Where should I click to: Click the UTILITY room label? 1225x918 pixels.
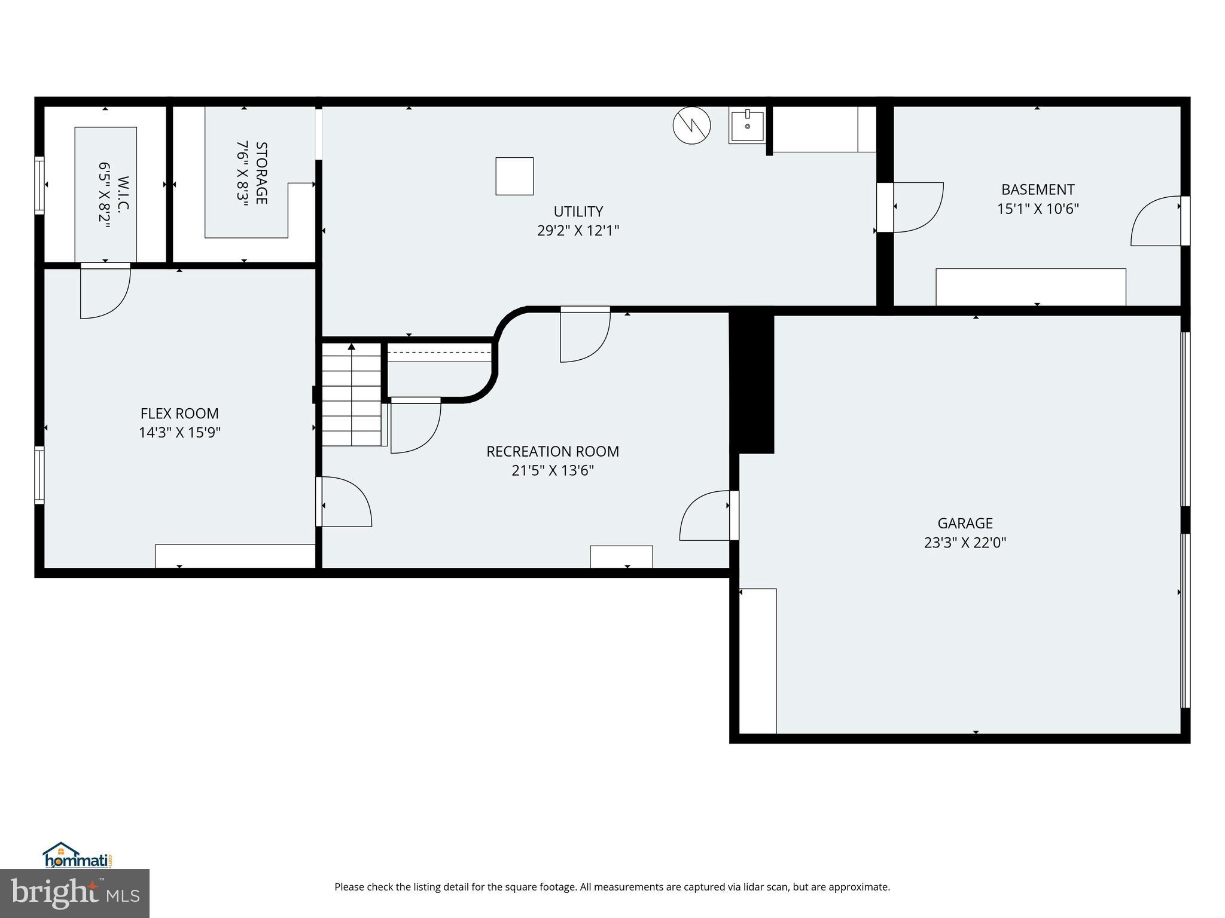(578, 212)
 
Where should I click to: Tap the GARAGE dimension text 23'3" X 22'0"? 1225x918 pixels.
(965, 543)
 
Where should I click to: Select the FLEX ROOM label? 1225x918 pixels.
(179, 414)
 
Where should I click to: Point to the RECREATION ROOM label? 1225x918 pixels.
(552, 451)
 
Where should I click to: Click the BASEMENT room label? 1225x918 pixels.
(1038, 189)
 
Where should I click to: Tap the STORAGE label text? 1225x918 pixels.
(261, 173)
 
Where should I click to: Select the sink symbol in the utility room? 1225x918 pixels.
(747, 126)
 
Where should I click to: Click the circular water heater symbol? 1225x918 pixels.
(691, 126)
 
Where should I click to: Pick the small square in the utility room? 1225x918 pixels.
(514, 176)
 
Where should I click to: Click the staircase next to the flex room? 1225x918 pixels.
(352, 394)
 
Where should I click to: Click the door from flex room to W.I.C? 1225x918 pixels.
(105, 291)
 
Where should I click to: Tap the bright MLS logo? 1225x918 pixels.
(75, 893)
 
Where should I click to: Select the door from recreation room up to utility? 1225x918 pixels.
(584, 335)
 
